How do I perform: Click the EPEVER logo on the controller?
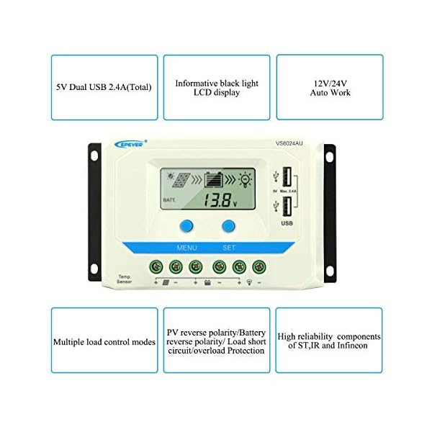click(x=132, y=143)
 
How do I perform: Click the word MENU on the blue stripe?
click(x=187, y=247)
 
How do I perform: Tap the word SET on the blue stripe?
click(x=229, y=247)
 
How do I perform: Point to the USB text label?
click(x=286, y=224)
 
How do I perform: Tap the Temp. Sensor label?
click(x=125, y=279)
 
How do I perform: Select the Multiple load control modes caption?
click(x=104, y=342)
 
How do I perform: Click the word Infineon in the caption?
click(x=348, y=346)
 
